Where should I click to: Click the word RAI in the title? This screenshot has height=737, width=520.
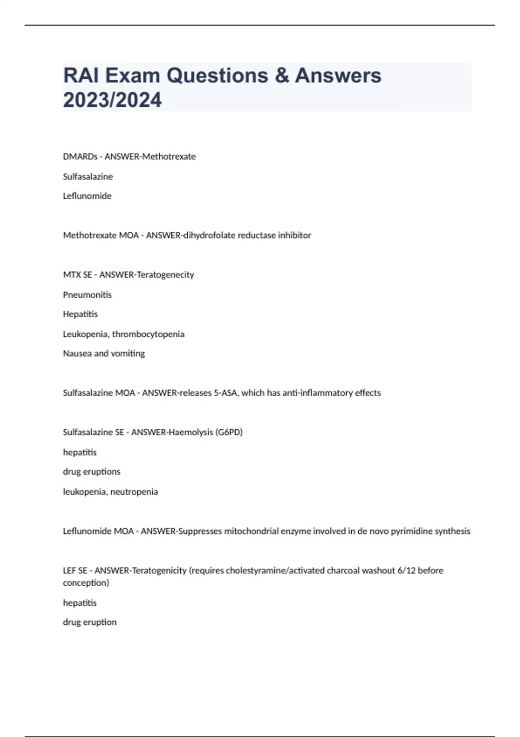click(80, 75)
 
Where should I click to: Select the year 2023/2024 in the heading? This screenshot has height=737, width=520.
click(112, 100)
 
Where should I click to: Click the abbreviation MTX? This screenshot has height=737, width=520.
click(70, 275)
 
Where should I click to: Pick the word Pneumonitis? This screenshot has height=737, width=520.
click(87, 295)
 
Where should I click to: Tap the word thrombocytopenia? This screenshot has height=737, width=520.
click(148, 334)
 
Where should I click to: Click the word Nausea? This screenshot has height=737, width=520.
click(77, 354)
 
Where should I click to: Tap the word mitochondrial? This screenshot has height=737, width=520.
click(251, 531)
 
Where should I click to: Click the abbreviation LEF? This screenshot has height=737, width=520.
click(69, 571)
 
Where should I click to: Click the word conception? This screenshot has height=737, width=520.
click(86, 583)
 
